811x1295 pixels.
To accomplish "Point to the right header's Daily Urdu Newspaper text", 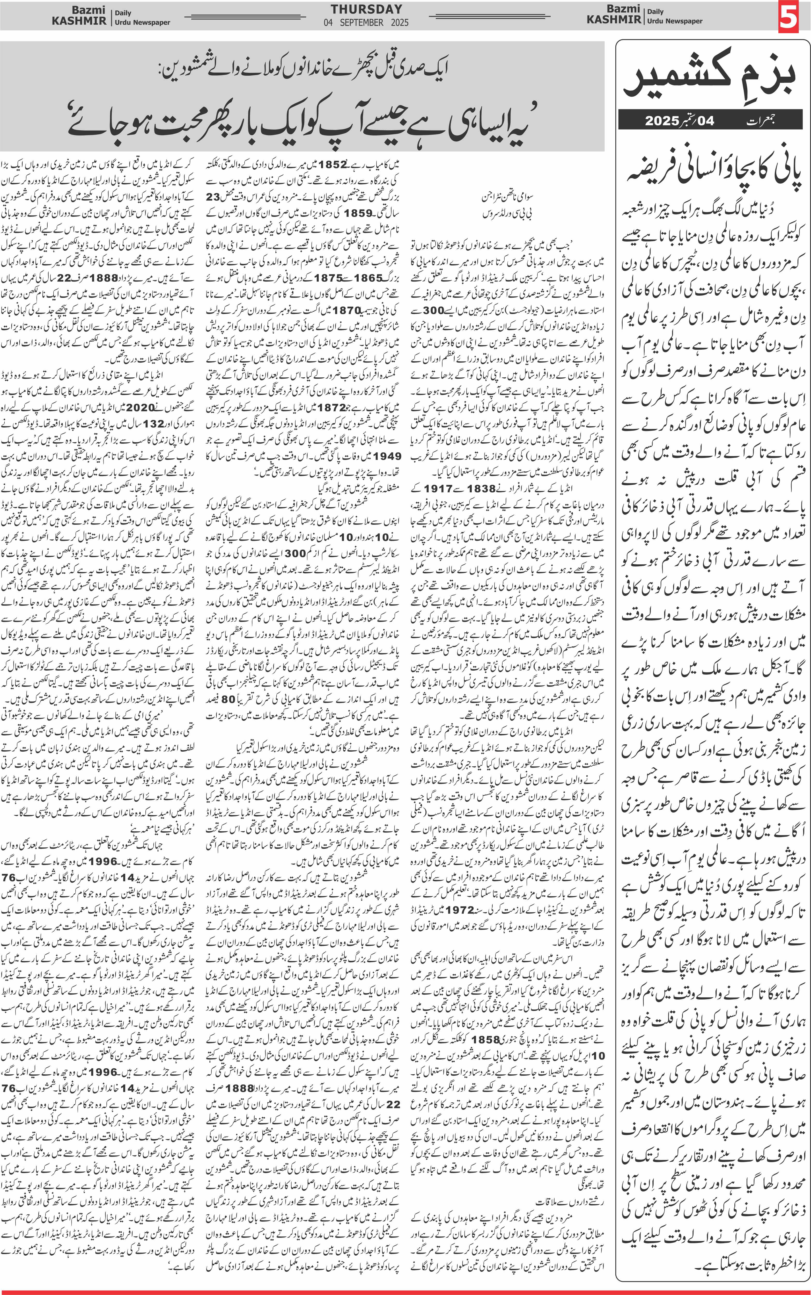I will pos(674,16).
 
